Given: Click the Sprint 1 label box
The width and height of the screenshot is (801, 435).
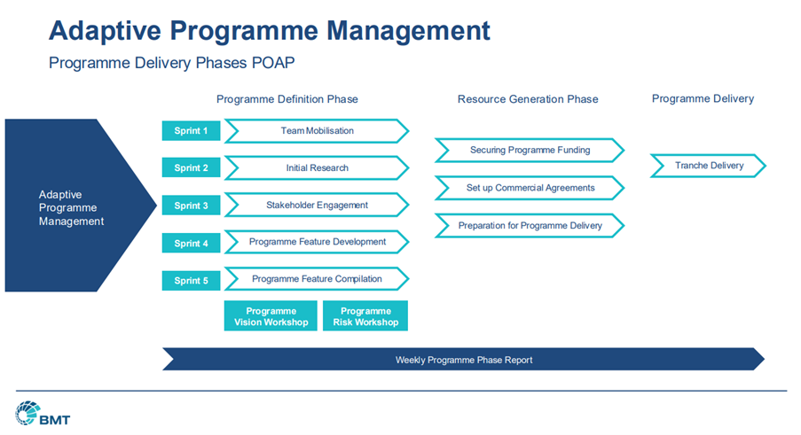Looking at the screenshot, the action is pyautogui.click(x=191, y=130).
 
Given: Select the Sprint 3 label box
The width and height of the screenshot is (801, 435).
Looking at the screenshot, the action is pyautogui.click(x=191, y=206).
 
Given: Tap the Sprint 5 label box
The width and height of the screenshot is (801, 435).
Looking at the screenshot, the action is pyautogui.click(x=191, y=281).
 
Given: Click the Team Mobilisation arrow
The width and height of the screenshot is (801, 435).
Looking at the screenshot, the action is pyautogui.click(x=317, y=131).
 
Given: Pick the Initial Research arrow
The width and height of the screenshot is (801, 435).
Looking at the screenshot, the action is pyautogui.click(x=317, y=167).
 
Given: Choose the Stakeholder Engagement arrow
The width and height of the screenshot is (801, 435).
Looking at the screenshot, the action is pyautogui.click(x=317, y=205).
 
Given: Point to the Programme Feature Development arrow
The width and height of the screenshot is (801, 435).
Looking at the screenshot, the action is pyautogui.click(x=317, y=242).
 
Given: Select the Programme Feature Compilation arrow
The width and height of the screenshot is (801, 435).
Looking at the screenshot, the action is pyautogui.click(x=317, y=279).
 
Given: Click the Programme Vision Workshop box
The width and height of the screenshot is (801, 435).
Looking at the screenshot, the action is pyautogui.click(x=271, y=316).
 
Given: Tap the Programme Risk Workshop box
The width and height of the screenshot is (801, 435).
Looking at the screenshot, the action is pyautogui.click(x=365, y=316).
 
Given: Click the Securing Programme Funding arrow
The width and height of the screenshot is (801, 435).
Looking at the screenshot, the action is pyautogui.click(x=530, y=150).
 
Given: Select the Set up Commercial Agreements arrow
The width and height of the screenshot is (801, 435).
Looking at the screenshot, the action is pyautogui.click(x=530, y=188).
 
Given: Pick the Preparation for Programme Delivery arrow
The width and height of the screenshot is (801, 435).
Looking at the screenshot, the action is pyautogui.click(x=530, y=225).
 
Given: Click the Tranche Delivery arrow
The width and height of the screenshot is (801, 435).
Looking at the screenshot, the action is pyautogui.click(x=709, y=166).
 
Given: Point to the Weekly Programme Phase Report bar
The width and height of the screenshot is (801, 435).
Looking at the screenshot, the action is pyautogui.click(x=463, y=360).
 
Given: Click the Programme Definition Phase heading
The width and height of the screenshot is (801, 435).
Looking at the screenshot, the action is pyautogui.click(x=287, y=99).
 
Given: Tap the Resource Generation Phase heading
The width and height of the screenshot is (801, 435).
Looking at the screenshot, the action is pyautogui.click(x=528, y=99).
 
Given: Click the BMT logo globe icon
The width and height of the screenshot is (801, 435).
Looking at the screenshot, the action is pyautogui.click(x=27, y=413).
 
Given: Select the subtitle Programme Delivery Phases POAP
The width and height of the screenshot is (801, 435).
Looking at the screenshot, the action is pyautogui.click(x=172, y=63).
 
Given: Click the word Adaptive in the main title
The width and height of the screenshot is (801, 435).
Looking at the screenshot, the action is pyautogui.click(x=105, y=31).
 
